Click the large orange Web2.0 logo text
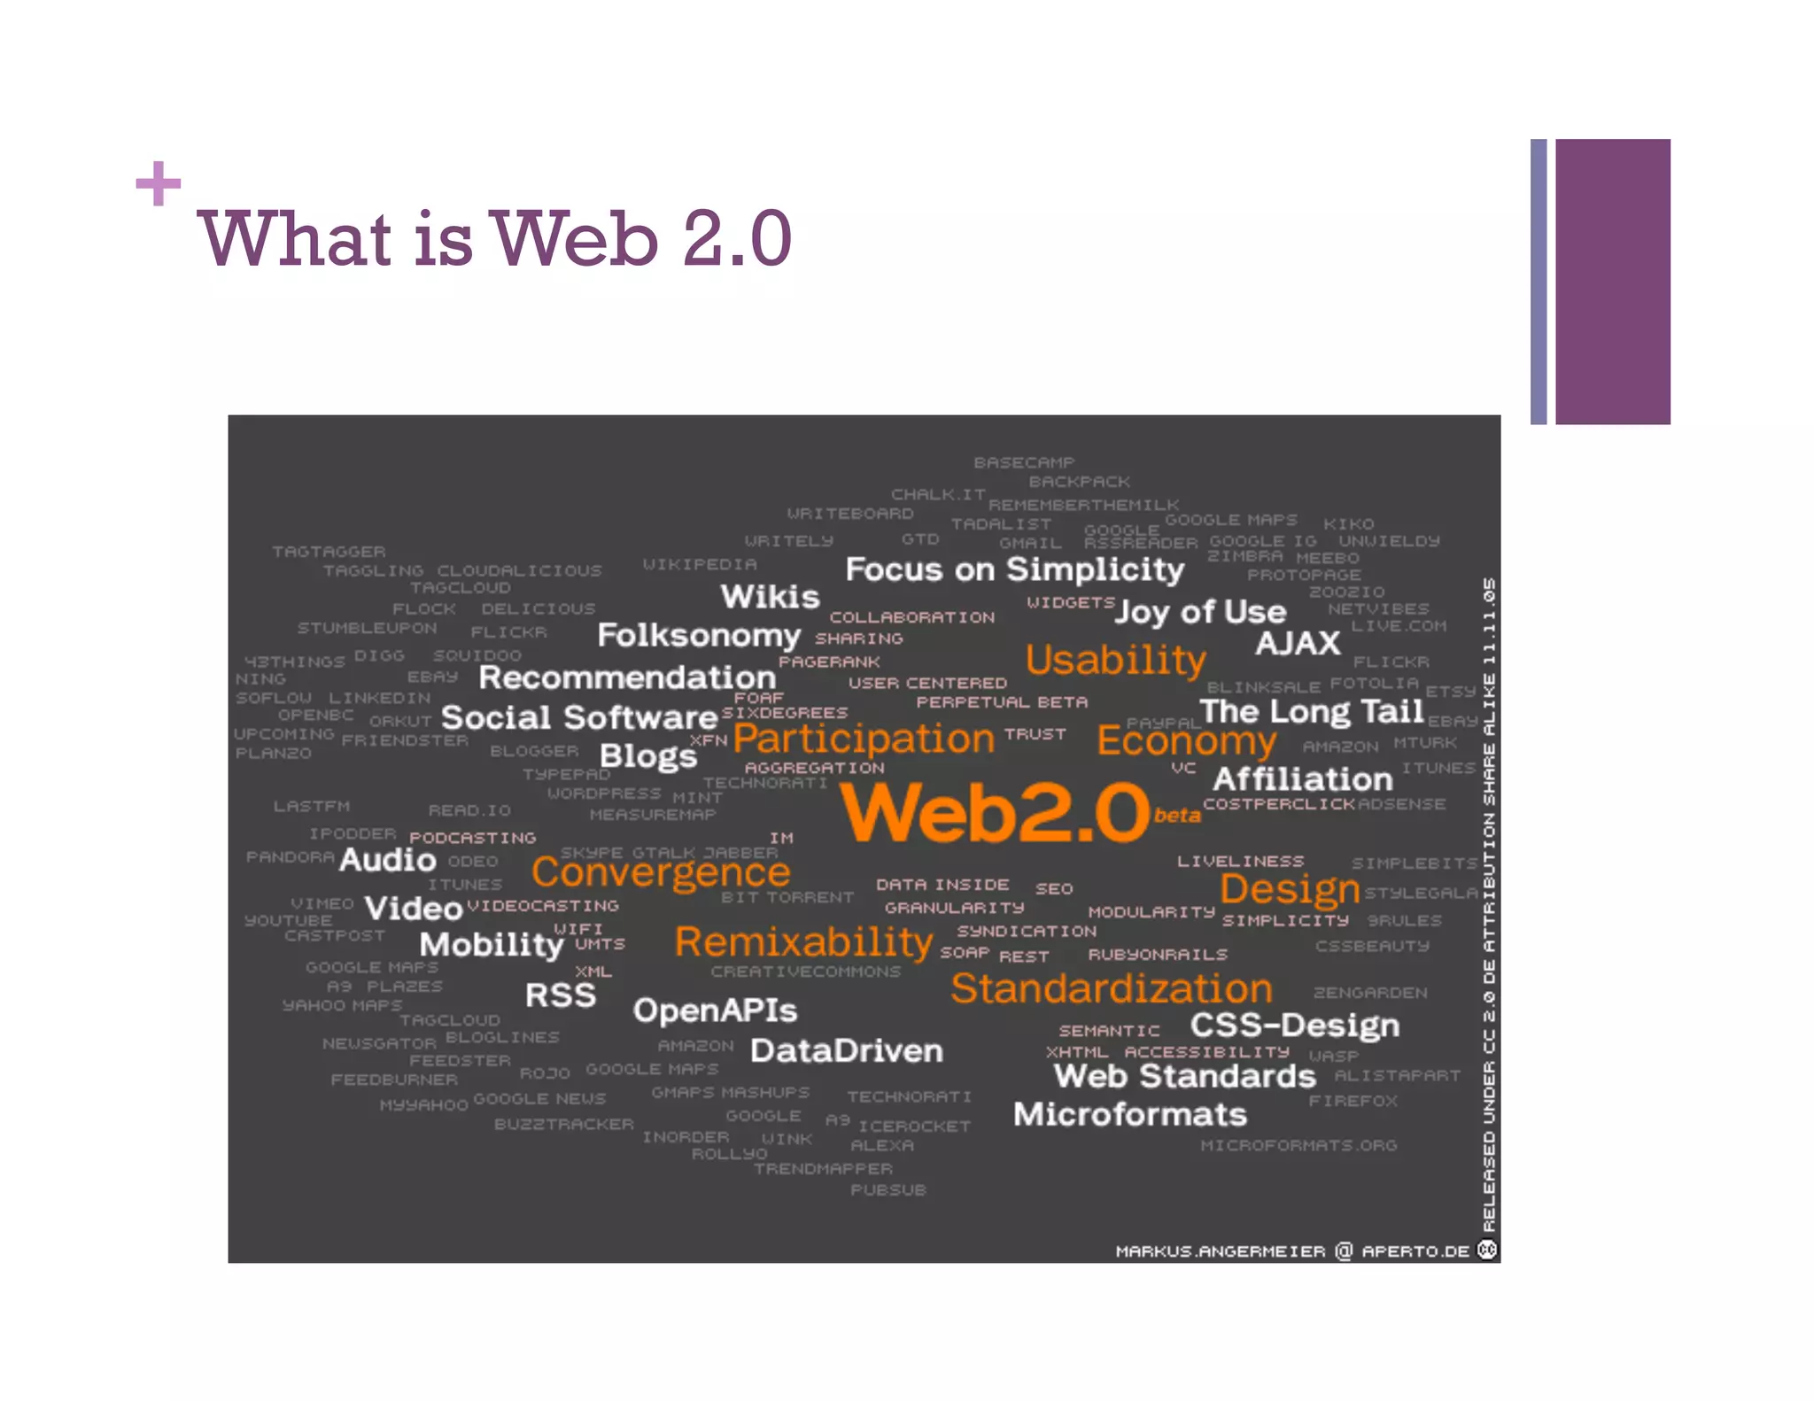pyautogui.click(x=994, y=812)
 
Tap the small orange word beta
pyautogui.click(x=1177, y=816)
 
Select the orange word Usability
pyautogui.click(x=1115, y=660)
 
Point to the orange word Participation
pyautogui.click(x=864, y=739)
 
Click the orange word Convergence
pyautogui.click(x=661, y=873)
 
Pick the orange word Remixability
pyautogui.click(x=803, y=942)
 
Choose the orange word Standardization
pyautogui.click(x=1111, y=988)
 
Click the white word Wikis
pyautogui.click(x=770, y=597)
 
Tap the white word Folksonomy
pyautogui.click(x=699, y=636)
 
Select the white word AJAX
pyautogui.click(x=1298, y=644)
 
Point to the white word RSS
pyautogui.click(x=561, y=995)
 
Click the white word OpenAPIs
pyautogui.click(x=715, y=1010)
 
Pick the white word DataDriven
pyautogui.click(x=846, y=1051)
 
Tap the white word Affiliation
pyautogui.click(x=1302, y=779)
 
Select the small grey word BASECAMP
pyautogui.click(x=1024, y=463)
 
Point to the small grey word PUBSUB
pyautogui.click(x=888, y=1190)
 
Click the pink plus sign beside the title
pyautogui.click(x=159, y=183)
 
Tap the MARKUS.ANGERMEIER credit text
pyautogui.click(x=1220, y=1251)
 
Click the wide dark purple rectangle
pyautogui.click(x=1612, y=282)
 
